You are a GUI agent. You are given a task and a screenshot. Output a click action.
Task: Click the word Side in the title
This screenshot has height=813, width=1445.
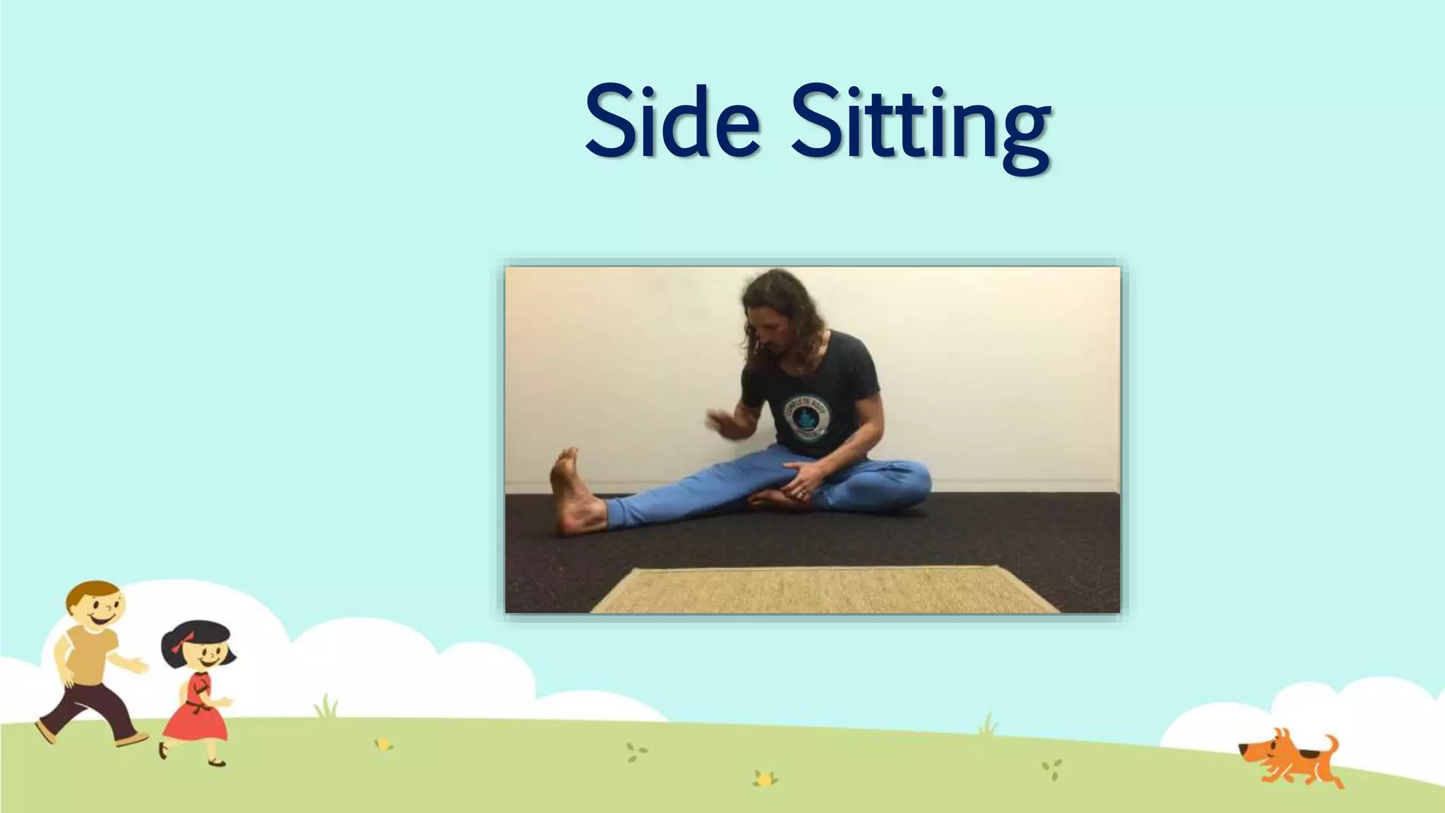click(x=672, y=121)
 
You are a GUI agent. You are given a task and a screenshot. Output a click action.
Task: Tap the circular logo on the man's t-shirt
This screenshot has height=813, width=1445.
click(x=806, y=417)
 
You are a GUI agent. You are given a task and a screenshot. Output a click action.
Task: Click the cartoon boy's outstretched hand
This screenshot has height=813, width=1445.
click(x=140, y=665)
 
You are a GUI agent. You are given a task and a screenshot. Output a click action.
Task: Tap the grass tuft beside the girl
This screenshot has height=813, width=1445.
click(x=326, y=706)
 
